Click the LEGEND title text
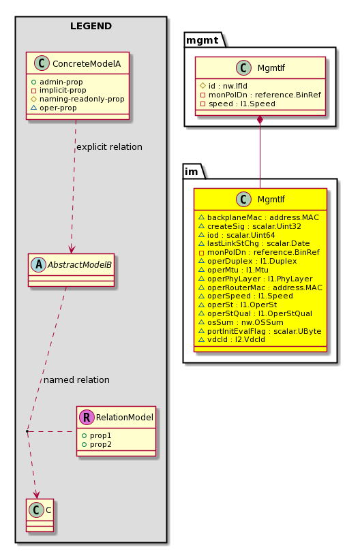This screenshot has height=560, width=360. (91, 26)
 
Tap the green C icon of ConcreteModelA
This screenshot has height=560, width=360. (42, 63)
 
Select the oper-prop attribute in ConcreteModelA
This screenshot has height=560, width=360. (58, 108)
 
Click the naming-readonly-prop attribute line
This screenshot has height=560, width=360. (82, 99)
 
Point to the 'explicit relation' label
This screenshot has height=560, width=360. (109, 146)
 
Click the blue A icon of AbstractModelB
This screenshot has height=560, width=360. (39, 264)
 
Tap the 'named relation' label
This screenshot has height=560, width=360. (76, 379)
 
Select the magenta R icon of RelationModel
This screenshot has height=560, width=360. (87, 417)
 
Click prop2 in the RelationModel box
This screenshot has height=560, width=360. (101, 444)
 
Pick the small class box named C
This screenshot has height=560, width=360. (40, 515)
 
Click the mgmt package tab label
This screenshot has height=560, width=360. (202, 40)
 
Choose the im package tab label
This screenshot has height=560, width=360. (192, 172)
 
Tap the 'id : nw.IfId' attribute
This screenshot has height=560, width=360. (228, 86)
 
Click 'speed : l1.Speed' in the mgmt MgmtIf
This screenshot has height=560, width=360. (241, 104)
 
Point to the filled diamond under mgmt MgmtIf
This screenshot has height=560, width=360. (260, 121)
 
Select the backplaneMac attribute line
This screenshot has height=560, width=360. (262, 217)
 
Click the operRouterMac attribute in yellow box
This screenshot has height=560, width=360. (265, 287)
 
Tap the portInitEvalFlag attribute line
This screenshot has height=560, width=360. (264, 331)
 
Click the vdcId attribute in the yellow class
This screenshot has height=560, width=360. (236, 339)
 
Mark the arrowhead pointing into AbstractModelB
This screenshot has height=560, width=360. (72, 249)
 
